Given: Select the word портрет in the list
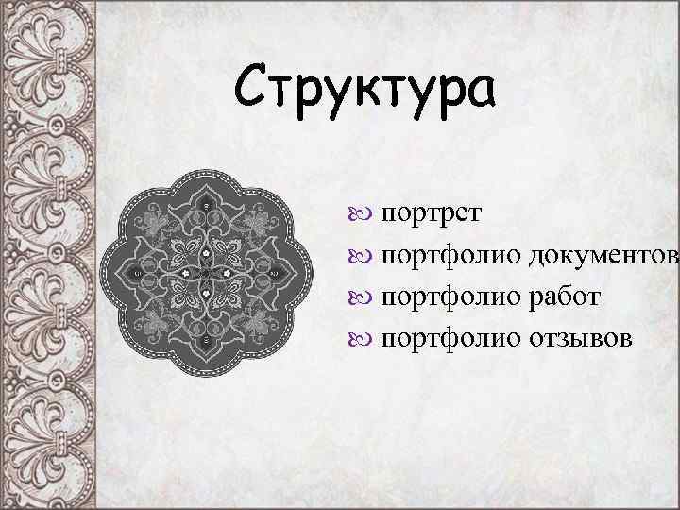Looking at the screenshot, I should (x=432, y=212).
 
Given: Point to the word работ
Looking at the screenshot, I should (x=564, y=297).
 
